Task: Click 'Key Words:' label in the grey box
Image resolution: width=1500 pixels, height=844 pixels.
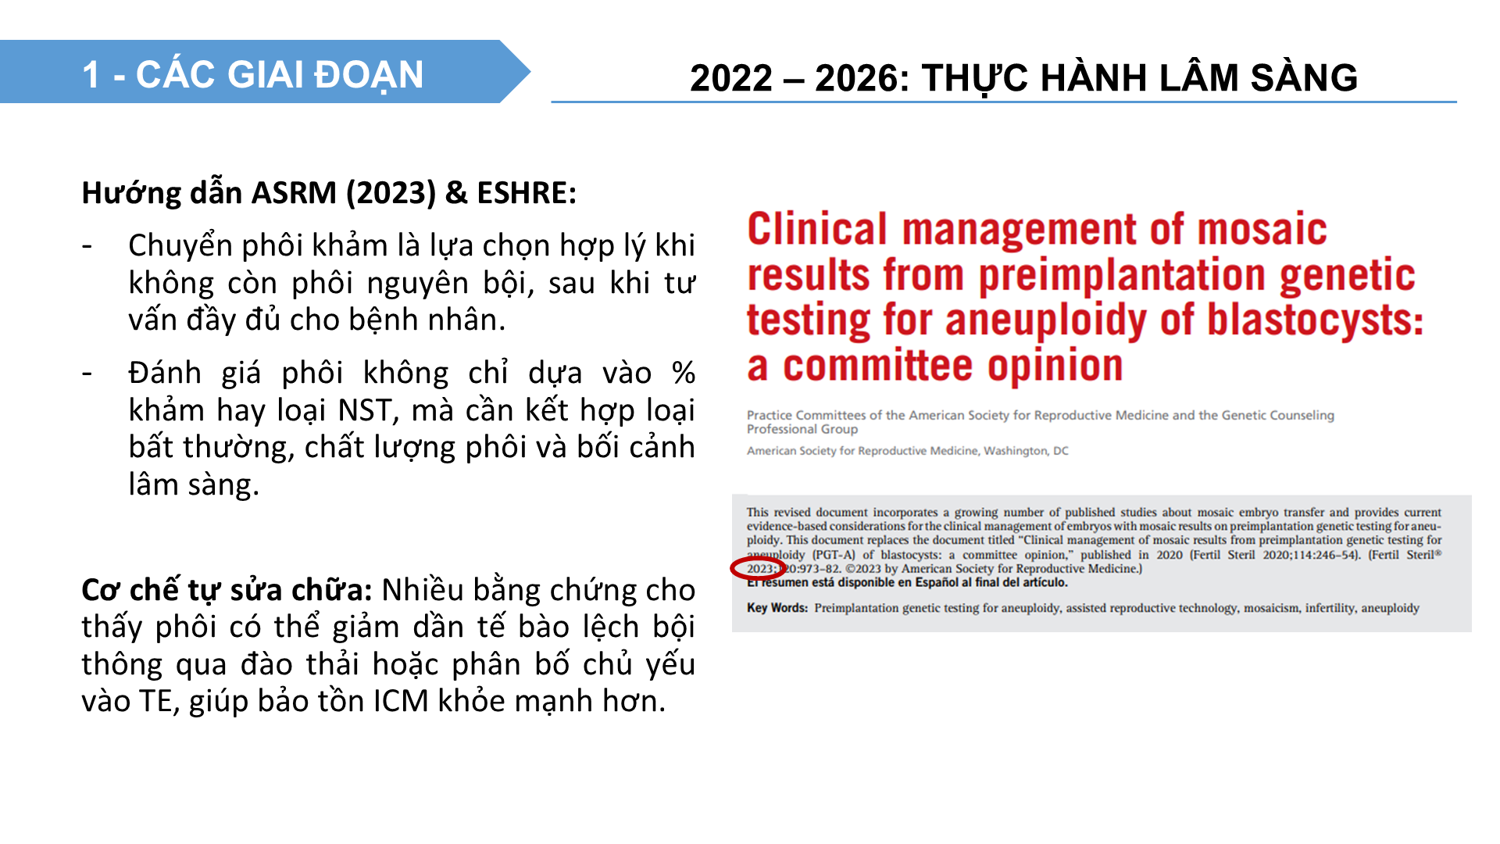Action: tap(777, 608)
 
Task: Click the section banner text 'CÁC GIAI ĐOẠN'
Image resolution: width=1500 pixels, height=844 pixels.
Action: tap(280, 75)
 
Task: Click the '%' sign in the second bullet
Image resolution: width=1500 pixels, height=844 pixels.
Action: tap(684, 374)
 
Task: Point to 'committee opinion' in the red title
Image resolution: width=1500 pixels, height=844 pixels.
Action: tap(953, 367)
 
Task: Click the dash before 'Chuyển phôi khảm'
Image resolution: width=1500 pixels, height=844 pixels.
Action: tap(87, 247)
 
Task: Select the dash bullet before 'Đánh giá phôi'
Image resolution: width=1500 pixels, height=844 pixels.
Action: tap(87, 374)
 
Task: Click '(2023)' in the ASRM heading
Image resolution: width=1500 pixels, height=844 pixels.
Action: tap(391, 193)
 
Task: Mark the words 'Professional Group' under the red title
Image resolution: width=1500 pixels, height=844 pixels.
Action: tap(802, 429)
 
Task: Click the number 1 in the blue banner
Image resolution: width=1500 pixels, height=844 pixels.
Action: tap(91, 76)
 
